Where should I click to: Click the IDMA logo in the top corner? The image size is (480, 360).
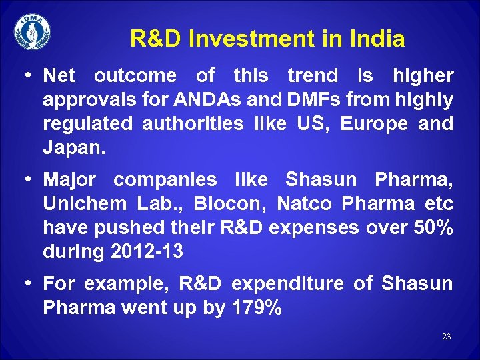(32, 31)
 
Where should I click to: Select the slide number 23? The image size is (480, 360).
(446, 337)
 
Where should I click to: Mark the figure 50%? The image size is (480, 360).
(431, 228)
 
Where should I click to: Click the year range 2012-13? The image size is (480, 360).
(146, 252)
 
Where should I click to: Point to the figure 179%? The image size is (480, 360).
(256, 308)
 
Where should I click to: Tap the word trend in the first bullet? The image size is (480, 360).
(312, 76)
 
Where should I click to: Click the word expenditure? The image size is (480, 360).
(288, 284)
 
